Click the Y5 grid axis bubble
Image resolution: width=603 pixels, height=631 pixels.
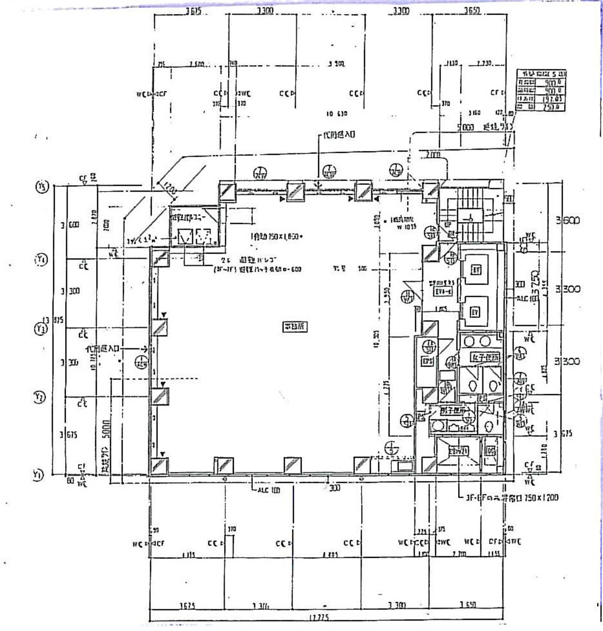click(x=41, y=187)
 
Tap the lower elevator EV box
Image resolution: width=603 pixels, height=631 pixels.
click(x=475, y=312)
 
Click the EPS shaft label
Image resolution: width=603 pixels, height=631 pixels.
click(x=427, y=362)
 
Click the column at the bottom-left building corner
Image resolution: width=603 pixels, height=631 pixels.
click(x=159, y=466)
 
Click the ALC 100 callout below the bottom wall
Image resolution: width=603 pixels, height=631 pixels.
click(x=268, y=490)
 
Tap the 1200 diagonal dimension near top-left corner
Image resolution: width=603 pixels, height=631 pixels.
click(x=169, y=188)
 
